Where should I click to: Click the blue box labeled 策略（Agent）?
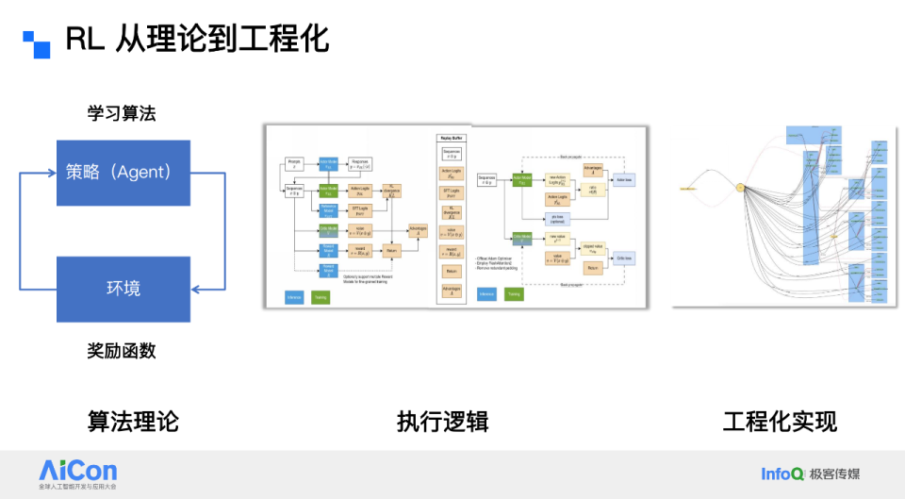click(123, 172)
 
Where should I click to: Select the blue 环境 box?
click(123, 289)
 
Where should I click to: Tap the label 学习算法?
click(122, 114)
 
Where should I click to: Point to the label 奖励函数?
click(122, 351)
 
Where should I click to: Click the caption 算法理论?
click(133, 421)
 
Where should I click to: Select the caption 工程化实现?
click(780, 421)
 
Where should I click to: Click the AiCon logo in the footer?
click(78, 472)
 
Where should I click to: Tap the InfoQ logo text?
click(782, 474)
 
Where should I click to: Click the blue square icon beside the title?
click(36, 43)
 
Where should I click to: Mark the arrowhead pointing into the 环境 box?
click(196, 289)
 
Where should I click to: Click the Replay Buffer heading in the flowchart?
click(452, 138)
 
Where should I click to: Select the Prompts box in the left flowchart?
click(293, 164)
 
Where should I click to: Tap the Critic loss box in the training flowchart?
click(624, 258)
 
